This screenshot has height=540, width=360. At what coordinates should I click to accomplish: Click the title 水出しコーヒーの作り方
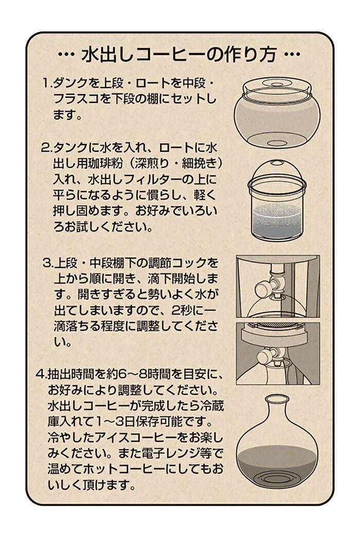click(x=179, y=54)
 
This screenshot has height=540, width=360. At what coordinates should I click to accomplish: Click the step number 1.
click(x=45, y=83)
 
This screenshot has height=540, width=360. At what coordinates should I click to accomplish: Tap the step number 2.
click(x=45, y=148)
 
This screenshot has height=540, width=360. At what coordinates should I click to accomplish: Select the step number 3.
click(x=46, y=263)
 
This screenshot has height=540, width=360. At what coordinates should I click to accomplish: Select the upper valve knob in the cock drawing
click(x=262, y=286)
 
